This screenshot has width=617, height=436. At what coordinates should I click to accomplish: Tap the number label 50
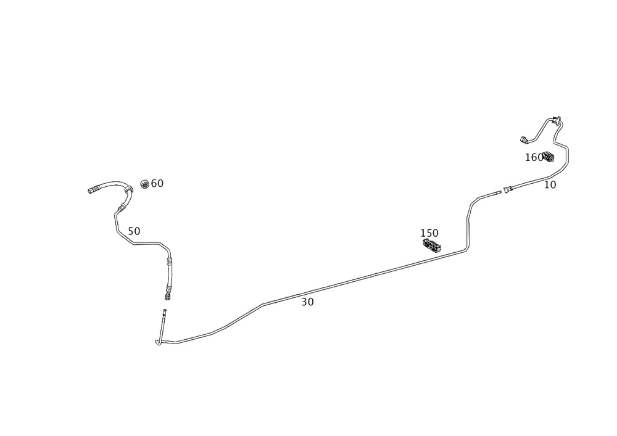coord(134,231)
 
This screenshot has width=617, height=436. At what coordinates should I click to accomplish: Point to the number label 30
coord(308,302)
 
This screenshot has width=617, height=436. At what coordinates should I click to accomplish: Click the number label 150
coord(429,233)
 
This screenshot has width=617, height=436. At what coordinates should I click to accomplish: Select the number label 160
coord(534,157)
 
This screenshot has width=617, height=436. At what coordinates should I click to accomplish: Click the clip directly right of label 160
coord(549,158)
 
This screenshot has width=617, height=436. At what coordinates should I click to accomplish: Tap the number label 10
coord(550,184)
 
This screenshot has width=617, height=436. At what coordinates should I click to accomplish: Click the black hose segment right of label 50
coord(146,244)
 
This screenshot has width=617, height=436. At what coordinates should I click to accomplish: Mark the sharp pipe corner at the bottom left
coord(158,342)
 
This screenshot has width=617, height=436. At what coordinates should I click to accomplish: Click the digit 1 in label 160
coord(528,157)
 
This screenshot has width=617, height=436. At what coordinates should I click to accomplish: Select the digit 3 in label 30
coord(305,302)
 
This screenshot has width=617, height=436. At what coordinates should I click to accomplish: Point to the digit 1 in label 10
coord(545,184)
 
